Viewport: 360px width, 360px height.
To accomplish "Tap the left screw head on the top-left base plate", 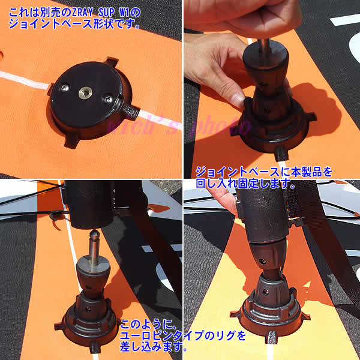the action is (x=65, y=87).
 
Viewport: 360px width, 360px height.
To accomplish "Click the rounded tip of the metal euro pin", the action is (x=95, y=234).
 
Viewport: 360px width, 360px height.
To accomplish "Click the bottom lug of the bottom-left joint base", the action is (x=95, y=347).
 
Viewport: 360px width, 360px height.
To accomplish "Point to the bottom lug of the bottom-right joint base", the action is (x=271, y=337).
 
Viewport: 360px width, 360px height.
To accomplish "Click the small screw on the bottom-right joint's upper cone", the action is (x=262, y=261).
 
